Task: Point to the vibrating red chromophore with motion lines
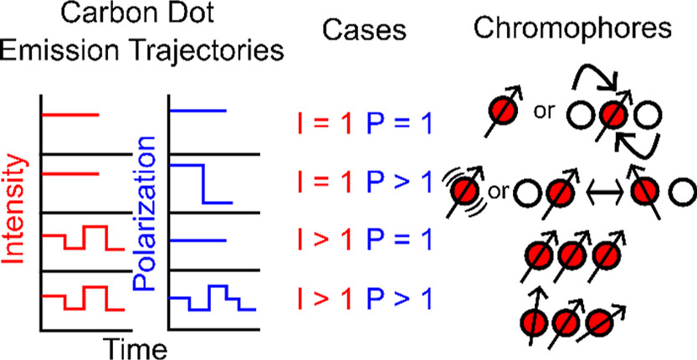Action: tap(463, 191)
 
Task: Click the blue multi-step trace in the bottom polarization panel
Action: tap(213, 299)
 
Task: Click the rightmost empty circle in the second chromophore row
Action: tap(680, 191)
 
